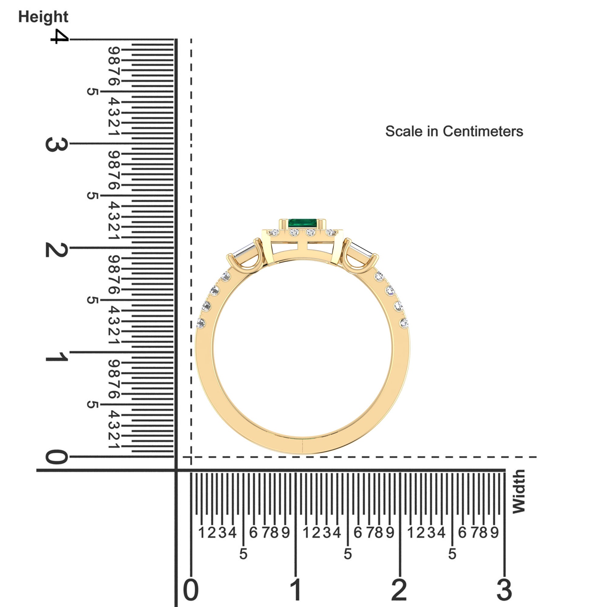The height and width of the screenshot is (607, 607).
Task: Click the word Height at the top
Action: pos(43,17)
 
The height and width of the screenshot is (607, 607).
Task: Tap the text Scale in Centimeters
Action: pos(454,131)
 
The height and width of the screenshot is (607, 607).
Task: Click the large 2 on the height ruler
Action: pos(56,251)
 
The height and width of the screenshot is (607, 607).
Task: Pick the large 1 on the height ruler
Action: pos(56,357)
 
